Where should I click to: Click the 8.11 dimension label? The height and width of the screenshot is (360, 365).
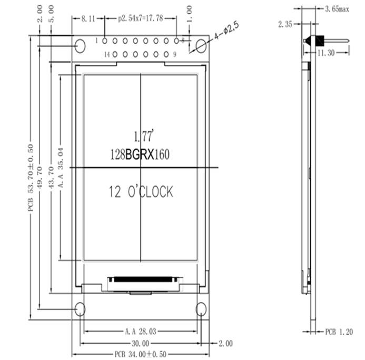click(88, 18)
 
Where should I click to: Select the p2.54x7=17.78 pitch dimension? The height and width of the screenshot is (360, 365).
click(141, 18)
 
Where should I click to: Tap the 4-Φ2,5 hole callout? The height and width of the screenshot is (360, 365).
click(226, 30)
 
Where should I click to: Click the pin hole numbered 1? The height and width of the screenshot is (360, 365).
click(105, 41)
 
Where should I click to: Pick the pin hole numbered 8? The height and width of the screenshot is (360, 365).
click(176, 41)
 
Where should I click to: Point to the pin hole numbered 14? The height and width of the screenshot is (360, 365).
click(115, 54)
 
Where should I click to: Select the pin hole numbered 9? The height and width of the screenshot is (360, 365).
click(166, 54)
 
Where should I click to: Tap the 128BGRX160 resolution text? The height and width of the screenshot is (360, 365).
click(140, 154)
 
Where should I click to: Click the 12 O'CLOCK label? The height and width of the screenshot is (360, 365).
click(141, 192)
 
